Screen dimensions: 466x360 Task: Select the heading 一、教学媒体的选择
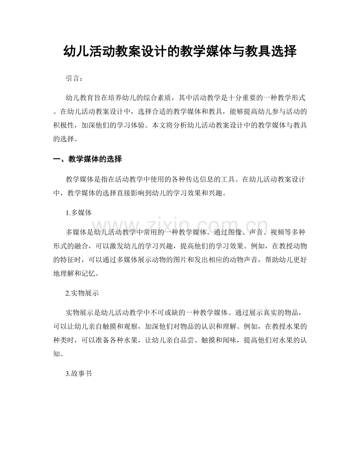point(87,159)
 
